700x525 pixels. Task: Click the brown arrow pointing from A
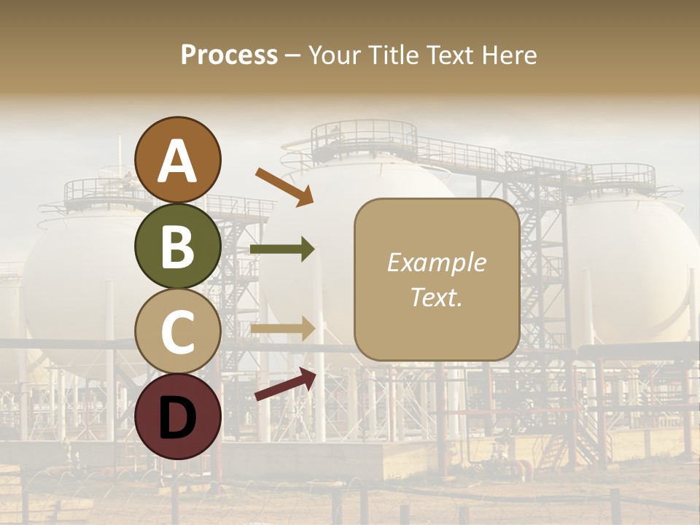pyautogui.click(x=284, y=187)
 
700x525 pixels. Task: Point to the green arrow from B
pyautogui.click(x=282, y=249)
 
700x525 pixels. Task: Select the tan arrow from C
pyautogui.click(x=282, y=329)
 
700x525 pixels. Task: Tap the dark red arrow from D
pyautogui.click(x=285, y=385)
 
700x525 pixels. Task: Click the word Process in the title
pyautogui.click(x=229, y=55)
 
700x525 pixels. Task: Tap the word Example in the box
pyautogui.click(x=436, y=262)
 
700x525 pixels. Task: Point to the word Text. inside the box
pyautogui.click(x=436, y=297)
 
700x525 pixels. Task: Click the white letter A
pyautogui.click(x=178, y=162)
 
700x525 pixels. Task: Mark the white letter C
pyautogui.click(x=178, y=332)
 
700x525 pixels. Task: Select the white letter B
pyautogui.click(x=178, y=247)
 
